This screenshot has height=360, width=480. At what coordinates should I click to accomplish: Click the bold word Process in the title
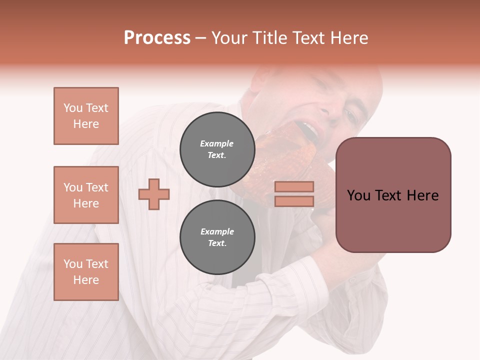click(157, 37)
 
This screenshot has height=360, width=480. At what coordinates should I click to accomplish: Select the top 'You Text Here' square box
click(86, 116)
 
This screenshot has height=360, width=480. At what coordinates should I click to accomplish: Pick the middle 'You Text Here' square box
click(86, 195)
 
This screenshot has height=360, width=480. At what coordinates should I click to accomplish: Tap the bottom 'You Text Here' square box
click(86, 272)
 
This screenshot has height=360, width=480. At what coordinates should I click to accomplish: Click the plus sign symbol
click(154, 194)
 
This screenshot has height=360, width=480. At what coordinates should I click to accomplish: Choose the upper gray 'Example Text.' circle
click(217, 149)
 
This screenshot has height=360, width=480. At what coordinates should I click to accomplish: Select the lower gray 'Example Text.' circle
click(217, 237)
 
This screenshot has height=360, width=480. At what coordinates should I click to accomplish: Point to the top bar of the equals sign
click(294, 187)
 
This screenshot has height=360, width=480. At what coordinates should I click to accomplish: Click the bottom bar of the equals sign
click(294, 201)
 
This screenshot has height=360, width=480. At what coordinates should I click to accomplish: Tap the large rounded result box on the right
click(393, 195)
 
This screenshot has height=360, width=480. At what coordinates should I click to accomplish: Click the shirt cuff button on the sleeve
click(352, 280)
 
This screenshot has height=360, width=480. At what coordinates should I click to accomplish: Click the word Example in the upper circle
click(217, 143)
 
